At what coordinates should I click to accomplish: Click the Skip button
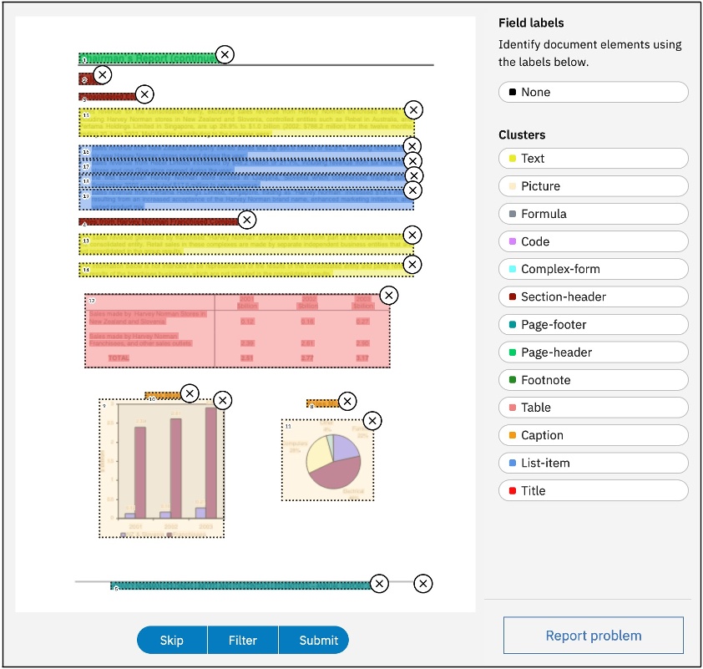tap(172, 641)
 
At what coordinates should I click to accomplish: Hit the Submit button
tap(319, 641)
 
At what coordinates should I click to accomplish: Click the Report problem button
tap(593, 636)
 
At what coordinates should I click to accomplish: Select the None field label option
tap(593, 92)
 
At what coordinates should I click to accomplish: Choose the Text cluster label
tap(593, 159)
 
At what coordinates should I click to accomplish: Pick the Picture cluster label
tap(593, 186)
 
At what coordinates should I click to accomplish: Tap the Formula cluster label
tap(593, 214)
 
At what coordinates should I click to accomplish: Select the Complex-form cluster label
tap(593, 269)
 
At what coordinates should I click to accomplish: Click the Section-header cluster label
tap(593, 296)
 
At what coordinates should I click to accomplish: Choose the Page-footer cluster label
tap(593, 324)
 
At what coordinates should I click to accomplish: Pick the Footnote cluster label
tap(593, 380)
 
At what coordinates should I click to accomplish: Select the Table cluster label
tap(593, 408)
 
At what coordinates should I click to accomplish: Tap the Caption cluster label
tap(593, 435)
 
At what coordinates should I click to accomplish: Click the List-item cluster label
tap(593, 463)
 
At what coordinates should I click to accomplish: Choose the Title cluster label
tap(593, 490)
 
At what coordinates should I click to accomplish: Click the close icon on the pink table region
tap(388, 296)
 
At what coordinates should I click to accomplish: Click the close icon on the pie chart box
tap(373, 421)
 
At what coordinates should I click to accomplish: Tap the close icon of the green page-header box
tap(225, 54)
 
